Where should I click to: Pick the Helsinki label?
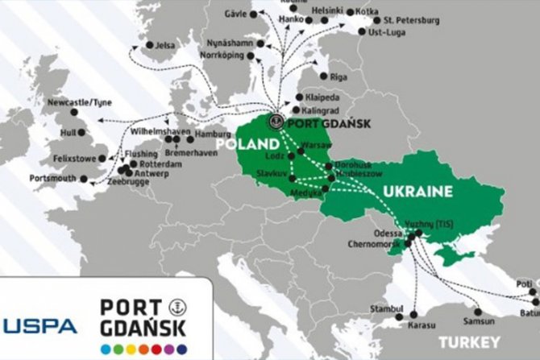tap(326, 10)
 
